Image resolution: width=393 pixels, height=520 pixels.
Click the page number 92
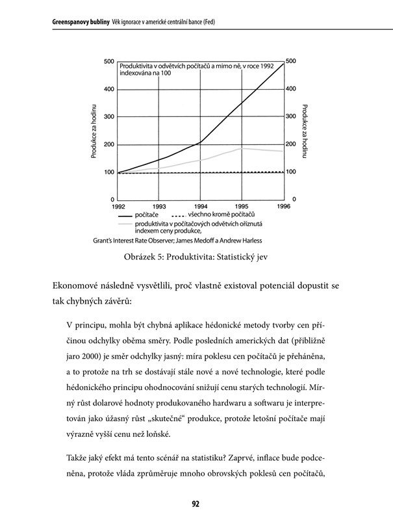coord(196,502)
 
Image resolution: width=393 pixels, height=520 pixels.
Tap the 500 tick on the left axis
coord(109,61)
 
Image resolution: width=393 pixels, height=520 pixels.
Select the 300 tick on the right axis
coord(291,116)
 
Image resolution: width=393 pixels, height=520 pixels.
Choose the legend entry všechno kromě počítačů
coord(221,214)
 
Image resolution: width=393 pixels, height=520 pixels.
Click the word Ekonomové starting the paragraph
coord(77,285)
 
